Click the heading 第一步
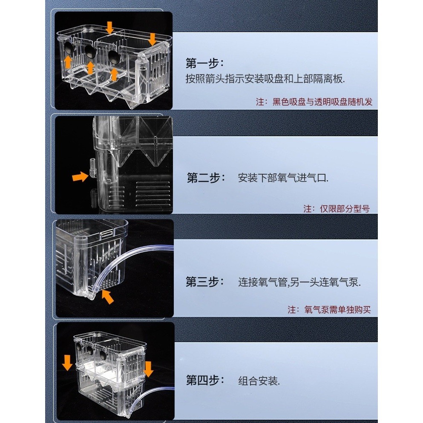pyautogui.click(x=204, y=63)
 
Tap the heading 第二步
pyautogui.click(x=206, y=178)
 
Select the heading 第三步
pyautogui.click(x=205, y=282)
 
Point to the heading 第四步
pyautogui.click(x=205, y=380)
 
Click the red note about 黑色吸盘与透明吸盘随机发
pyautogui.click(x=314, y=102)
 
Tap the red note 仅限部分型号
pyautogui.click(x=337, y=209)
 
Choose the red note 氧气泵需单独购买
pyautogui.click(x=329, y=309)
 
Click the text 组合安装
pyautogui.click(x=259, y=381)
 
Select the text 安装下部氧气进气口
pyautogui.click(x=283, y=178)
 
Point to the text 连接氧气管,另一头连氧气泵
pyautogui.click(x=299, y=282)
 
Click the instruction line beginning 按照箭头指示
pyautogui.click(x=265, y=79)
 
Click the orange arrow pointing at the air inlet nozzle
pyautogui.click(x=80, y=177)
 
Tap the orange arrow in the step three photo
pyautogui.click(x=108, y=297)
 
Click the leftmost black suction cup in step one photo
pyautogui.click(x=67, y=48)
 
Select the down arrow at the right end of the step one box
pyautogui.click(x=153, y=39)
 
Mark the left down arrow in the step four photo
pyautogui.click(x=67, y=363)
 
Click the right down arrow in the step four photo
pyautogui.click(x=149, y=369)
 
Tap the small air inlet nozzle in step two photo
pyautogui.click(x=92, y=168)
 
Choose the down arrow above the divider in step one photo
pyautogui.click(x=109, y=28)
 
